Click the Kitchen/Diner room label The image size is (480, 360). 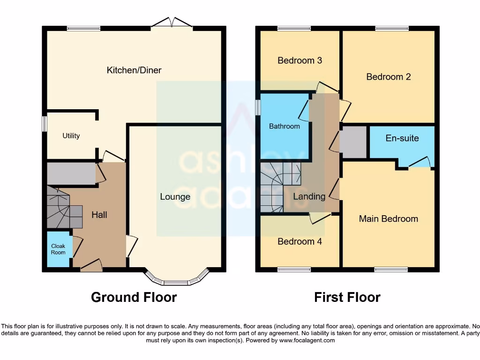click(134, 70)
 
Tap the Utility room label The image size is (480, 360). click(71, 136)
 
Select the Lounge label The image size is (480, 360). click(175, 197)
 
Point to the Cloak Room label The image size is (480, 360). click(58, 249)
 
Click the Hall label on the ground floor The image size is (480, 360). click(99, 215)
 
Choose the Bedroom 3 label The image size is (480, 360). click(300, 60)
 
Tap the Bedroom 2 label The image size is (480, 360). click(388, 77)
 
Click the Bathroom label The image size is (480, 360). click(284, 127)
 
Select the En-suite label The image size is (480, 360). click(402, 138)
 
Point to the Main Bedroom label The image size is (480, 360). click(388, 218)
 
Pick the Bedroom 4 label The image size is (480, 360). click(300, 241)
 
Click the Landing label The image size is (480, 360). click(309, 196)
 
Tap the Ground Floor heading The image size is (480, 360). click(134, 297)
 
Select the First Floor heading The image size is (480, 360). click(347, 297)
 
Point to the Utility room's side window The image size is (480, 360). click(45, 124)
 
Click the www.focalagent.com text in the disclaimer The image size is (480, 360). click(307, 341)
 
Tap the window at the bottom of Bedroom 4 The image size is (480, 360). click(294, 270)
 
